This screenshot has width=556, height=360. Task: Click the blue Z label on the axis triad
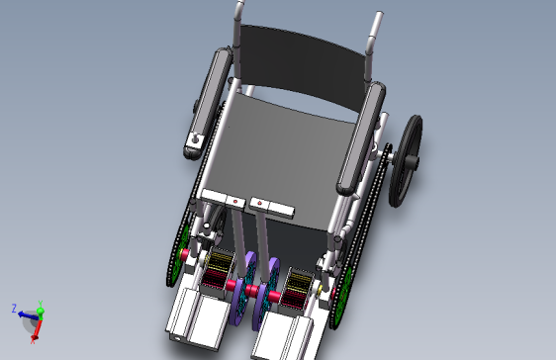click(x=14, y=308)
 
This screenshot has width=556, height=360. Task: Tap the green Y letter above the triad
click(x=41, y=303)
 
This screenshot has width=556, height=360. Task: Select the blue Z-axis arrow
click(x=28, y=315)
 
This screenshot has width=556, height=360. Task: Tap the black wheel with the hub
click(x=406, y=161)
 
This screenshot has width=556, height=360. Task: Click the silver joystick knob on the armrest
click(x=195, y=139)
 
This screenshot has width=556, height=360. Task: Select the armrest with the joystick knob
click(x=208, y=104)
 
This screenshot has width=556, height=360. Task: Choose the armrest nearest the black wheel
click(x=361, y=138)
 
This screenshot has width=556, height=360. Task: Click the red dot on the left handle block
click(x=235, y=202)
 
